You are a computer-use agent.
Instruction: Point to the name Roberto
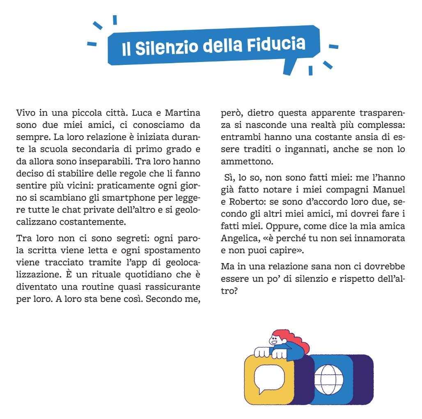[x=245, y=202]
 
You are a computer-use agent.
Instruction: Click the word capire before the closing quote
[x=273, y=250]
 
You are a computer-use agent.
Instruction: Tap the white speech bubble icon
[x=269, y=379]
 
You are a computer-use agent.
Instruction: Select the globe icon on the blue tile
[x=331, y=379]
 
